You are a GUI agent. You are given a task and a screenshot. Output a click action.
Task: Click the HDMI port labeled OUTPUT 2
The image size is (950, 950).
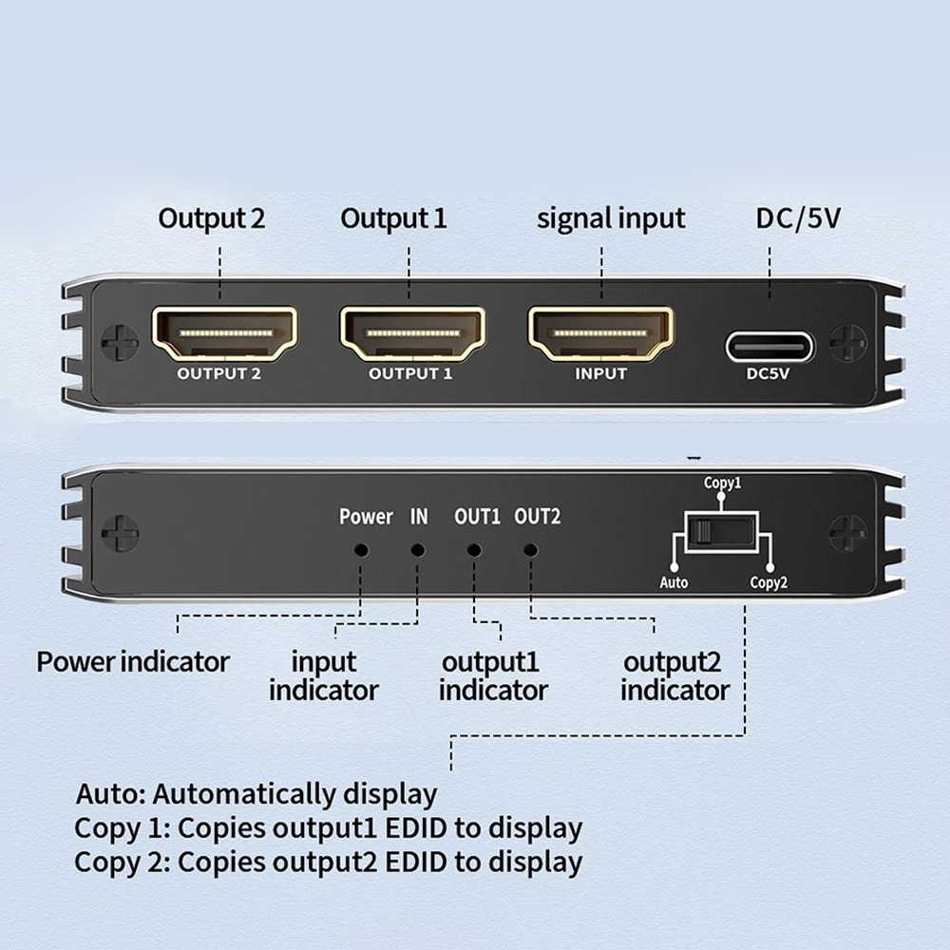tap(224, 333)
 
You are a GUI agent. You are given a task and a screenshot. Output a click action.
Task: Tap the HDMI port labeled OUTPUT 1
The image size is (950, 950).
tap(411, 333)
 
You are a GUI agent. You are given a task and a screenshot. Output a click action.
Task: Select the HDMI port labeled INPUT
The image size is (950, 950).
tap(600, 333)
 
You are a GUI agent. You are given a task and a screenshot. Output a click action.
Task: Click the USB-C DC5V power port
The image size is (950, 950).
tap(769, 346)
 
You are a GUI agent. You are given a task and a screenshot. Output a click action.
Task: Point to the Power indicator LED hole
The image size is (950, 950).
tap(361, 549)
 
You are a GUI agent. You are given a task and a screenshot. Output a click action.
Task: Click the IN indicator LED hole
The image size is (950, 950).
tap(417, 549)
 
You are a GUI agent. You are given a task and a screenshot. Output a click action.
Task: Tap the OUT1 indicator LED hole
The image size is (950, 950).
tap(474, 549)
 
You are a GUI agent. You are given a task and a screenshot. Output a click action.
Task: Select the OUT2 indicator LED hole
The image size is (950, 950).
tap(531, 549)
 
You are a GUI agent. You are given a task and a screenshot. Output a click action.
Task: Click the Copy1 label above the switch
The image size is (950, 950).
tap(722, 484)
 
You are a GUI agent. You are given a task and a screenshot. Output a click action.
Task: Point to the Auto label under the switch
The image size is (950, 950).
tap(674, 582)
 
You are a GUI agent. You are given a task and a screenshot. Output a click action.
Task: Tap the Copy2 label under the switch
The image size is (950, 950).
tap(769, 582)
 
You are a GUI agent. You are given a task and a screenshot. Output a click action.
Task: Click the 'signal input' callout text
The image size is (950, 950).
tap(611, 218)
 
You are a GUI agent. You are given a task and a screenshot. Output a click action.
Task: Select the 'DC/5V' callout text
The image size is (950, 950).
tap(798, 218)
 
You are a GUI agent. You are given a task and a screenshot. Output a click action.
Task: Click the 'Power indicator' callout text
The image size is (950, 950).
tap(133, 661)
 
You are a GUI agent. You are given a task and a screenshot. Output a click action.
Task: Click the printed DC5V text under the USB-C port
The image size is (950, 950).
tap(769, 374)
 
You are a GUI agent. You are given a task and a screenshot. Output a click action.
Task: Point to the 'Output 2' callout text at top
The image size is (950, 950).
tap(212, 218)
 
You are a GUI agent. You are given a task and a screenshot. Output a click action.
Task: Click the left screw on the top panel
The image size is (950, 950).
tap(120, 343)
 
